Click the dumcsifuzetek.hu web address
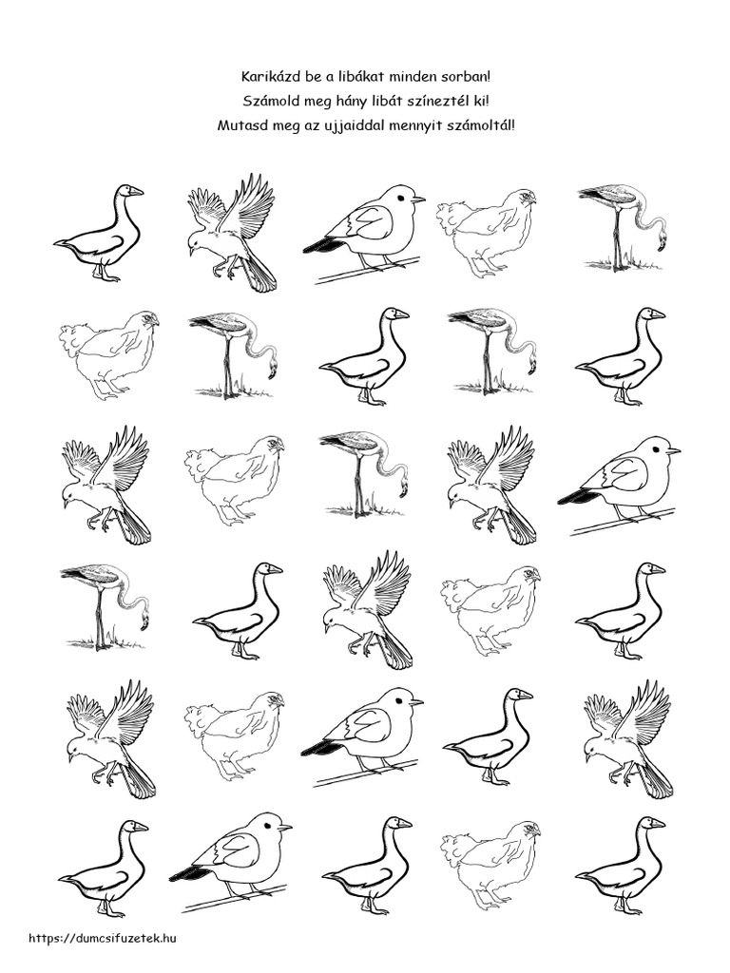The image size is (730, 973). [x=103, y=938]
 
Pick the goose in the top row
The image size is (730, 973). [x=99, y=233]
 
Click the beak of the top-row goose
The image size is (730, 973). [x=136, y=191]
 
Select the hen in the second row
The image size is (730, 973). [x=108, y=354]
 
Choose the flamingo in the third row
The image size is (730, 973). [x=365, y=473]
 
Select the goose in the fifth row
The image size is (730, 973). [x=488, y=736]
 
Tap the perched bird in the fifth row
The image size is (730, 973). [x=362, y=736]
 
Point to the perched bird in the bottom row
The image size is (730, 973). [x=230, y=862]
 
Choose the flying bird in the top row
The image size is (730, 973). [x=232, y=233]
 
